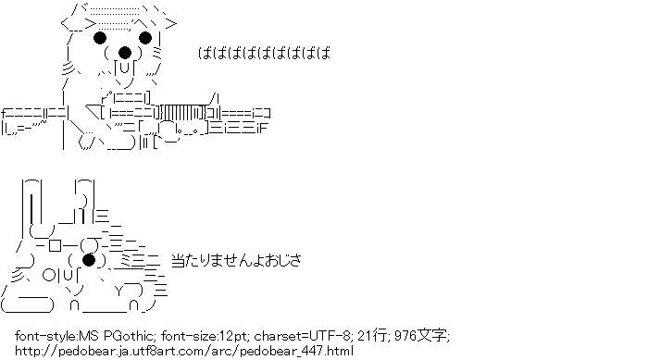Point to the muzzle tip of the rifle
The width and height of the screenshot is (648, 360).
click(269, 113)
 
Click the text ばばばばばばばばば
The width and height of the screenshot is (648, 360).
click(265, 53)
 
